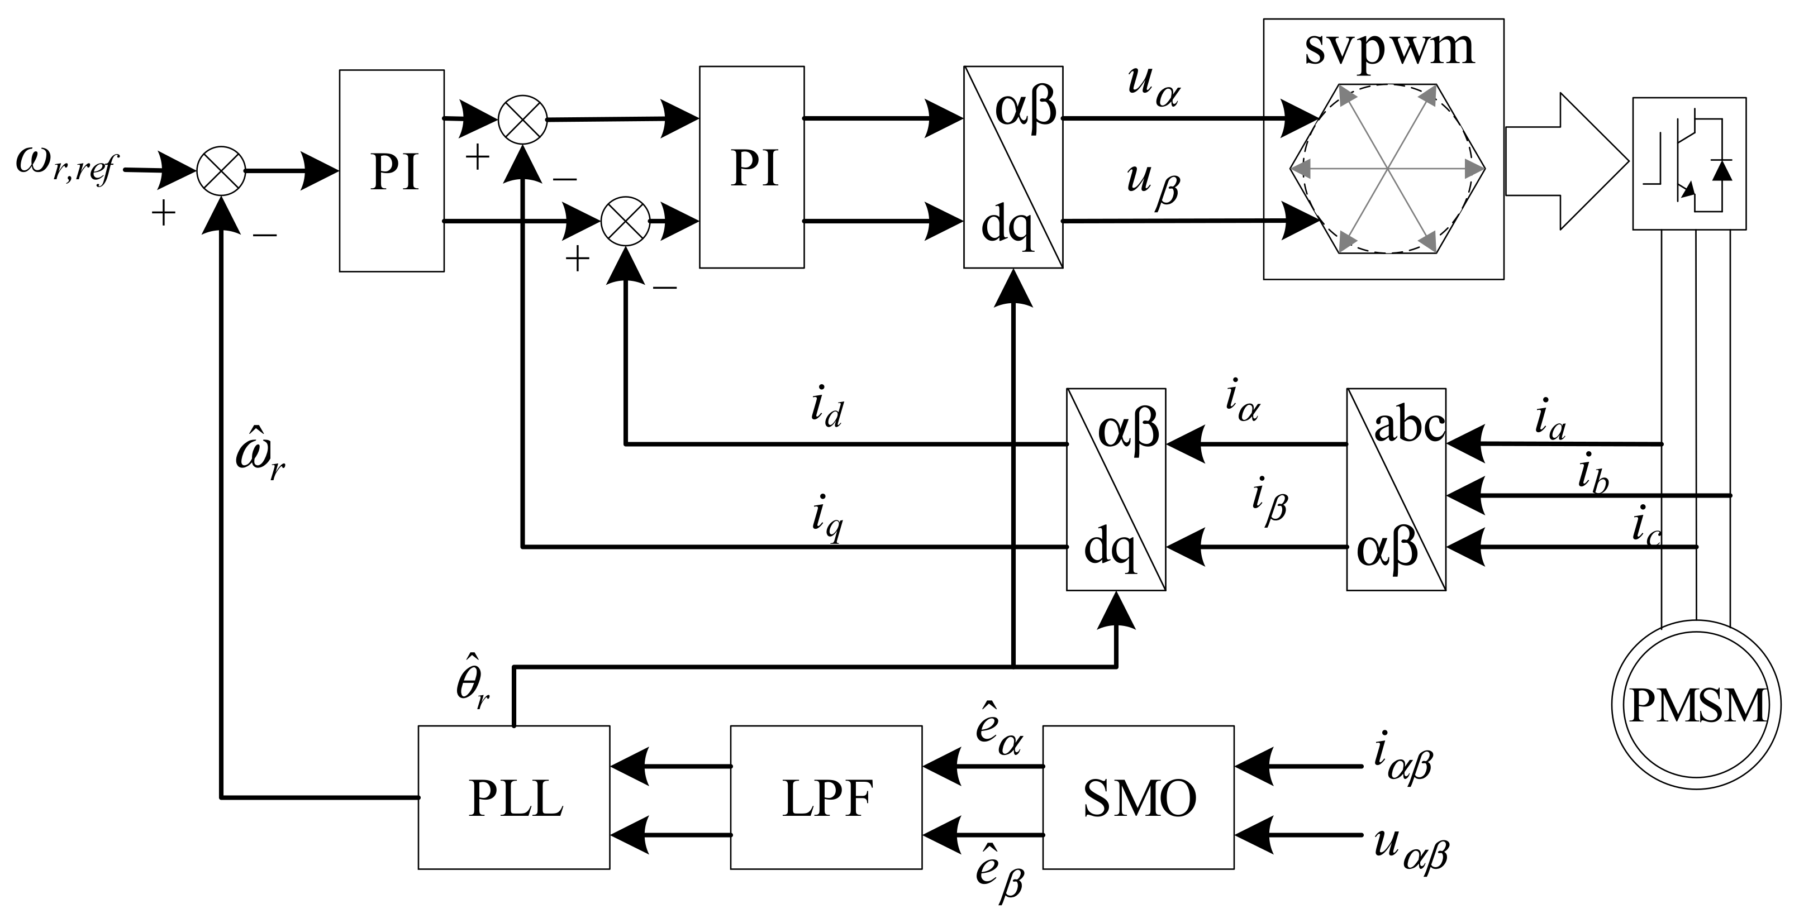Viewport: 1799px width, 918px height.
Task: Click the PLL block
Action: point(514,797)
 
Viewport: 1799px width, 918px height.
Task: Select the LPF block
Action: point(826,797)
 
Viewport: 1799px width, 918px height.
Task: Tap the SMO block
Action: point(1139,797)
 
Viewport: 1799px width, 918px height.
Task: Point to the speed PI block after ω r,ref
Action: point(392,170)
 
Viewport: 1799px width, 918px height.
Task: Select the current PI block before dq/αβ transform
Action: point(752,168)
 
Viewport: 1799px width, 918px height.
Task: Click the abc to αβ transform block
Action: point(1396,489)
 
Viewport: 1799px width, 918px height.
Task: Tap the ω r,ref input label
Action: point(64,166)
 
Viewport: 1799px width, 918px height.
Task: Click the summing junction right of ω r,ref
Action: point(221,170)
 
